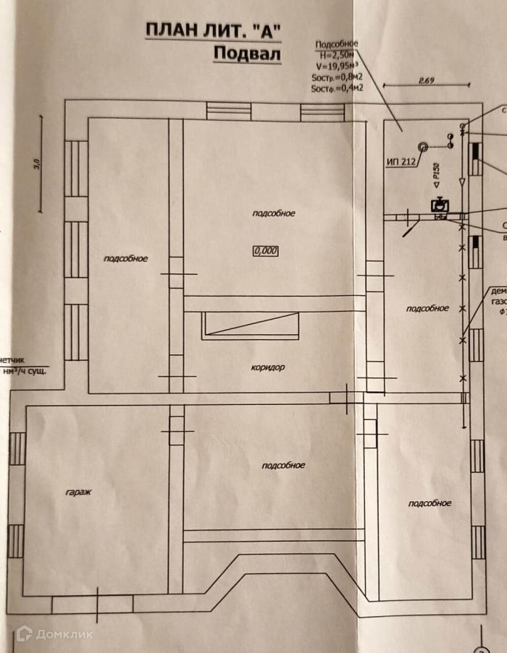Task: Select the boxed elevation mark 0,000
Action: (x=266, y=251)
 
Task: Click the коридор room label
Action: (x=269, y=367)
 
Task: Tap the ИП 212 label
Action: (x=400, y=162)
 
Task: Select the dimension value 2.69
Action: (x=426, y=81)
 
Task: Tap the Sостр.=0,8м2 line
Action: (x=337, y=77)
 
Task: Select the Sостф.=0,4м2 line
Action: (x=337, y=88)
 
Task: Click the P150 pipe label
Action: (x=436, y=172)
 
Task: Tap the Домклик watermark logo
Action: (x=54, y=634)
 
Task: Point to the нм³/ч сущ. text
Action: (x=25, y=371)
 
